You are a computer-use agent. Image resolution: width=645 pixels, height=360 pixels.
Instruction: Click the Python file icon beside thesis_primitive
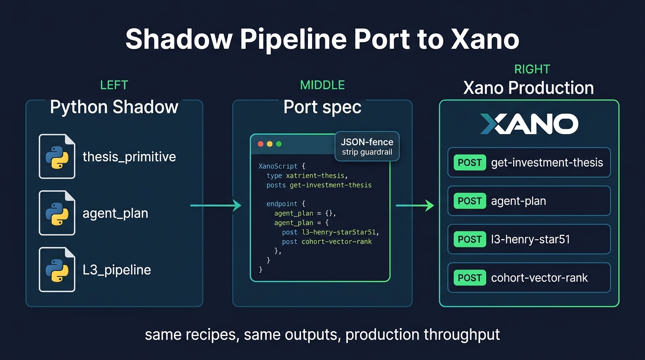57,156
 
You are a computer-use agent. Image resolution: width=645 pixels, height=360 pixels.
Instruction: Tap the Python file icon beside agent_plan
57,213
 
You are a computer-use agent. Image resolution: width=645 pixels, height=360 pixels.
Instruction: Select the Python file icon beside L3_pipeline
57,270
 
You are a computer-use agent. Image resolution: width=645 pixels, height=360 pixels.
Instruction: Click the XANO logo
529,124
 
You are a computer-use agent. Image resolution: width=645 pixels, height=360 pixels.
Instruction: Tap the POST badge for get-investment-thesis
470,163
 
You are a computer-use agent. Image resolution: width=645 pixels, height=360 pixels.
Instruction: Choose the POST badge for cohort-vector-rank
470,277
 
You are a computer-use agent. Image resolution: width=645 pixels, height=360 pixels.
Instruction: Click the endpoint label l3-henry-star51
530,240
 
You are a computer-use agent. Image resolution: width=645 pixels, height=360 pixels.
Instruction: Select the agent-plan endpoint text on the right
518,201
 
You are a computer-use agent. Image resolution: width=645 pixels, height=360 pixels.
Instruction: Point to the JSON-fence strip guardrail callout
367,146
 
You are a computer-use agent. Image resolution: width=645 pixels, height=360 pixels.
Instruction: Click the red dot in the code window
261,144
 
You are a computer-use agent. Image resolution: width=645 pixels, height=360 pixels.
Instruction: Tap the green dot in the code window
278,144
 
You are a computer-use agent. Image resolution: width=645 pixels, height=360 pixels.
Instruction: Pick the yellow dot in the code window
270,144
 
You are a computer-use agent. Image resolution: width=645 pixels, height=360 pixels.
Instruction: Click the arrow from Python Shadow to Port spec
216,205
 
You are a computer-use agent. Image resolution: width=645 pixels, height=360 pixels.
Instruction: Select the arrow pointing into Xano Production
415,205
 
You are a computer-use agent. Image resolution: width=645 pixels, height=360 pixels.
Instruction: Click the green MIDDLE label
322,85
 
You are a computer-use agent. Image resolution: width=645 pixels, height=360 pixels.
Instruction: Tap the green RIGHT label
532,69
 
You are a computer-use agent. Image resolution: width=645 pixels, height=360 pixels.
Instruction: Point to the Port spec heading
322,107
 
